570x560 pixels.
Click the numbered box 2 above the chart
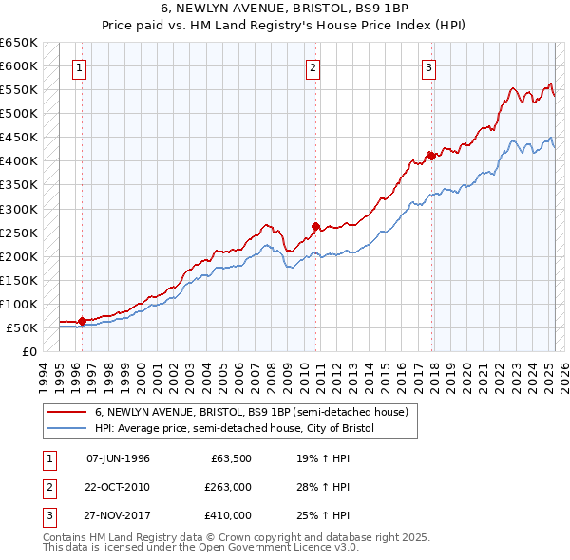coord(313,67)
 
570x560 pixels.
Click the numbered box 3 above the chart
coord(428,67)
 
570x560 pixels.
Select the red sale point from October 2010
coord(316,226)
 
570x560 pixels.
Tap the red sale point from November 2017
coord(431,156)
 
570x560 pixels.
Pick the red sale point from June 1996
coord(82,321)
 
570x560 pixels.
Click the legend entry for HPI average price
coord(235,428)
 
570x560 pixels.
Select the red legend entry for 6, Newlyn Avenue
coord(251,412)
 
